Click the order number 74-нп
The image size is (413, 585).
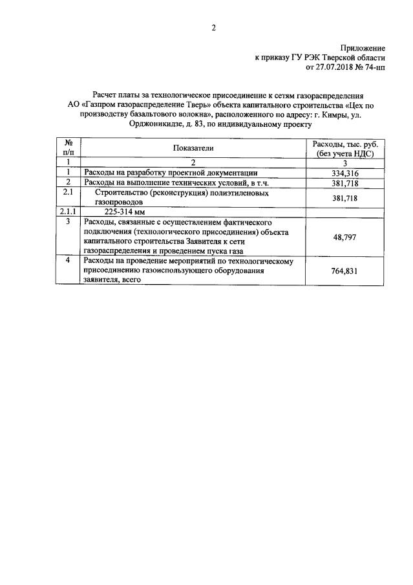(374, 66)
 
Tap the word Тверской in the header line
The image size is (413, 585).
(336, 57)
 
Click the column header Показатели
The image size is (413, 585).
(193, 148)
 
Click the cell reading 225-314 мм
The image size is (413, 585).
(123, 212)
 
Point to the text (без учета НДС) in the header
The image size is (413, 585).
(345, 153)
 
